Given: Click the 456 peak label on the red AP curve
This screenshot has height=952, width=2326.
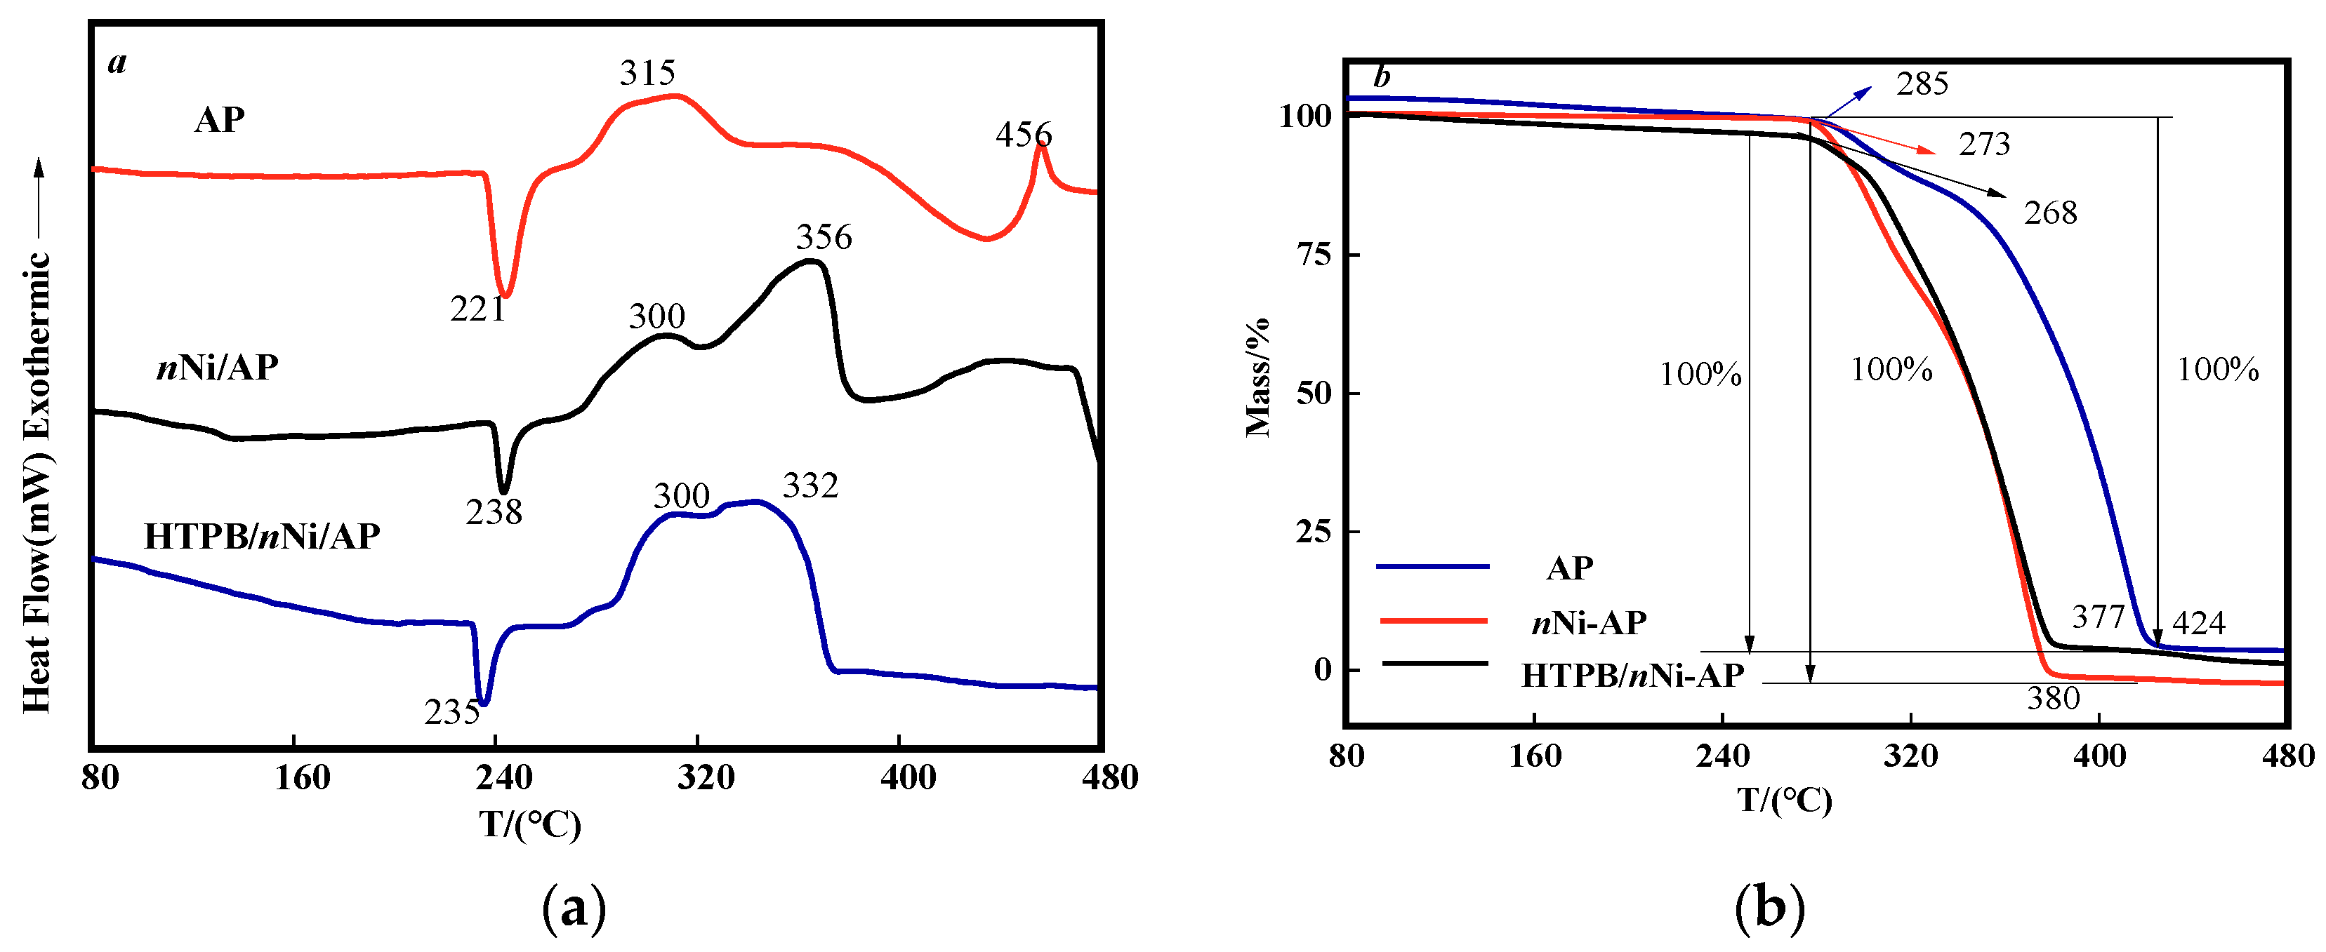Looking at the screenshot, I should (1023, 135).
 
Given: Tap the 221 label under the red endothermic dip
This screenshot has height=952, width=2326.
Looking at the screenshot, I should (477, 309).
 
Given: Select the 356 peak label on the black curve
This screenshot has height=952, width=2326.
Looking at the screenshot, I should (824, 237).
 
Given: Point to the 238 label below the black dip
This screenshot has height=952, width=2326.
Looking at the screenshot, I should (494, 513).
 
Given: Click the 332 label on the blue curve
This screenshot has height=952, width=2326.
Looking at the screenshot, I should (810, 486).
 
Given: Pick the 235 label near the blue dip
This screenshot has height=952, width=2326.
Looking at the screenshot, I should (452, 713).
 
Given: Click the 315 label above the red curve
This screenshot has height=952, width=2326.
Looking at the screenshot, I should (647, 73).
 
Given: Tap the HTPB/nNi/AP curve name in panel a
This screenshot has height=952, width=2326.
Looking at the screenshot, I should (262, 537).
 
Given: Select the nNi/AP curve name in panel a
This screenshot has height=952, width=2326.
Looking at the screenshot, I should (218, 368).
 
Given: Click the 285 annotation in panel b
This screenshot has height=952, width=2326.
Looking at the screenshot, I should (1922, 84).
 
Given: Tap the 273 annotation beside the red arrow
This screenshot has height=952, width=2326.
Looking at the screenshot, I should (1984, 145).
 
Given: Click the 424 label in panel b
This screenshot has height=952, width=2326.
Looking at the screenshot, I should (2198, 623).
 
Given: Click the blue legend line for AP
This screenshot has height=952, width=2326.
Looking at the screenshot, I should (1432, 567).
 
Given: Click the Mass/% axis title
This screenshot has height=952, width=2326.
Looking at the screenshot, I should (1258, 377).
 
